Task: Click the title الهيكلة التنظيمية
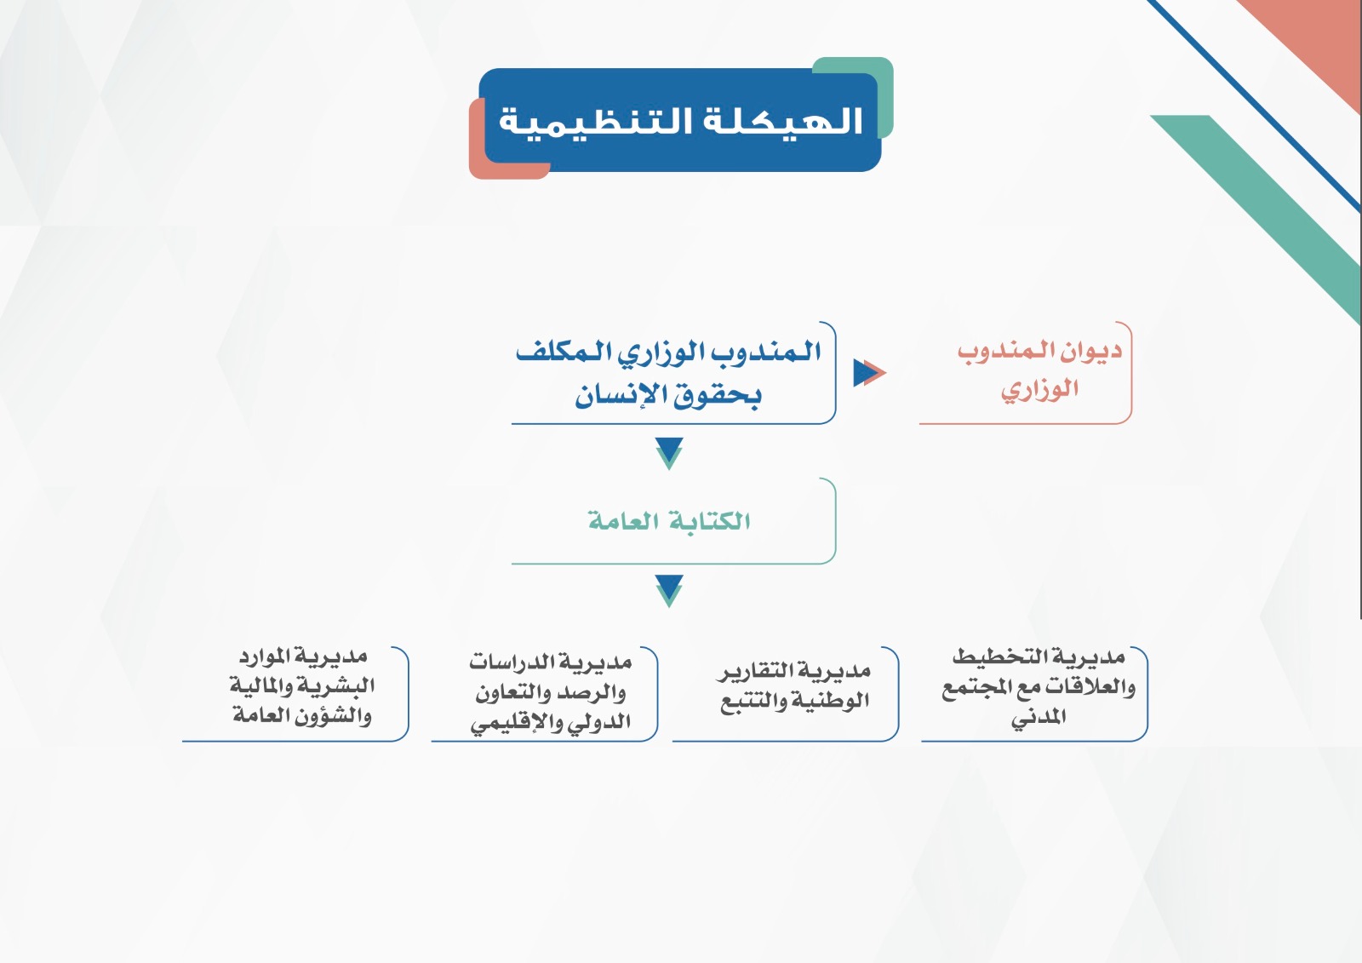click(680, 120)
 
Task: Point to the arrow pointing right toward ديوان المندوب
click(869, 372)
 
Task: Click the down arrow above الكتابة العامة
click(669, 453)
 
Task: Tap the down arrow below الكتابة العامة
click(669, 591)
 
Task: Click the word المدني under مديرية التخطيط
click(1039, 717)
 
